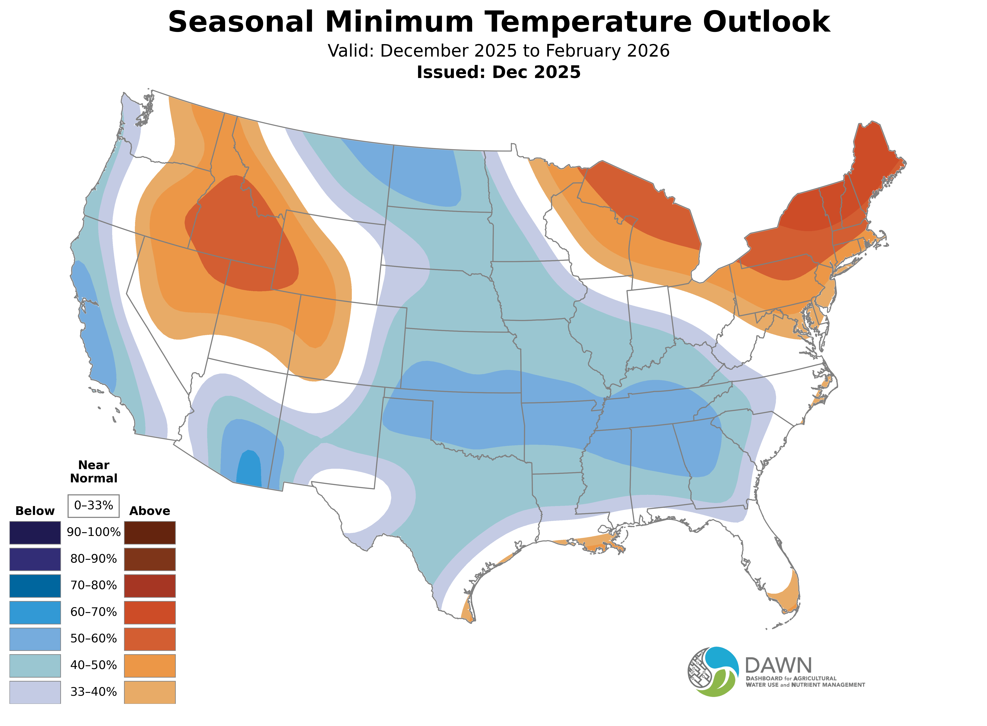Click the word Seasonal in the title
(x=241, y=22)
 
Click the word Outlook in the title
(x=766, y=22)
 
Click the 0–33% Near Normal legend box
(x=93, y=505)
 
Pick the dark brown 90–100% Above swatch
(x=150, y=533)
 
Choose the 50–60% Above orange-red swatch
(x=150, y=639)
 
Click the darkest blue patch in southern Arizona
(x=249, y=469)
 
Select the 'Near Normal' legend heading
(x=93, y=472)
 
